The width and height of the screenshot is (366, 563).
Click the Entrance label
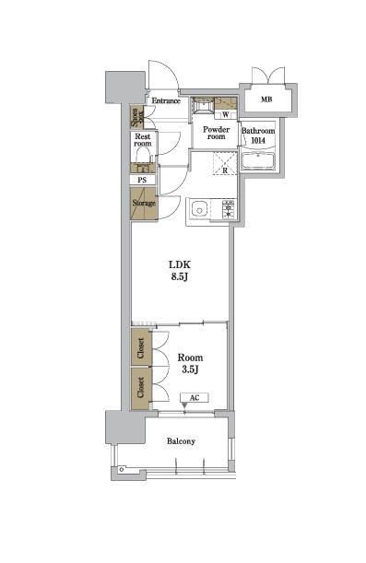166,100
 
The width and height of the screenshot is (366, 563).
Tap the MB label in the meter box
266,100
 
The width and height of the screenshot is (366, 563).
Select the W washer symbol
226,115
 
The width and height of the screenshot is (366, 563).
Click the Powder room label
216,133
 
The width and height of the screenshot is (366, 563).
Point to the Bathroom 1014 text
258,135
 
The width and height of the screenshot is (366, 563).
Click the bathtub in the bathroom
258,160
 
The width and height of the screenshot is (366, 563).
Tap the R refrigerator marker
225,170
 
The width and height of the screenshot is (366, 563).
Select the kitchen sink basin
199,208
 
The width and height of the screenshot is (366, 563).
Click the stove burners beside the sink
229,209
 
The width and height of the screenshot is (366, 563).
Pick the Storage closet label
144,204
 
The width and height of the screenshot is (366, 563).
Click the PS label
143,180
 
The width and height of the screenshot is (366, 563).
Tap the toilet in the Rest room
143,156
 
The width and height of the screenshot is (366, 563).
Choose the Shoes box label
136,117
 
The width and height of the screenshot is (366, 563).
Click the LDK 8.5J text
179,271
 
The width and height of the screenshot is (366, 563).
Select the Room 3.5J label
190,364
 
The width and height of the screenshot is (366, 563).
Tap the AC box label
195,398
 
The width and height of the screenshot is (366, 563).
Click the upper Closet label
141,348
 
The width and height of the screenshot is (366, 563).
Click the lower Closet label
141,387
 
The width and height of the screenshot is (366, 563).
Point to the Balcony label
181,441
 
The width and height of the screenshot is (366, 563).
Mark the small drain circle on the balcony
122,469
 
